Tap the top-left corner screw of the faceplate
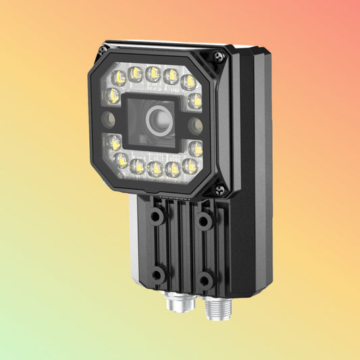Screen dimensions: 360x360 pos(103,50)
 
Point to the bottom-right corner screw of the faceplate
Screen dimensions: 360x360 pos(220,190)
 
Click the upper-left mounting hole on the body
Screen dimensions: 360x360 pos(157,216)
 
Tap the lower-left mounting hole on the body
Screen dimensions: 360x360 pos(157,274)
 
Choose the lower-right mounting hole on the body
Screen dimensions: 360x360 pos(205,280)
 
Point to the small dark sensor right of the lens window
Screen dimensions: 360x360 pos(195,125)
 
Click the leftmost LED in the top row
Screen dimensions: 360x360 pos(120,76)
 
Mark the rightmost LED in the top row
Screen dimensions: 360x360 pos(188,82)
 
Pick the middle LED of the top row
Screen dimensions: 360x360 pos(153,74)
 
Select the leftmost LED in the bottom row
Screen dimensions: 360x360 pos(122,160)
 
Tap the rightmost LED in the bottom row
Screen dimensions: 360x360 pos(190,166)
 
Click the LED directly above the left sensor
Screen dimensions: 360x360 pos(113,95)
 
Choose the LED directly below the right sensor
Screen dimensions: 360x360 pos(195,148)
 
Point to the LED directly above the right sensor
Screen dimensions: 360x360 pos(195,101)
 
